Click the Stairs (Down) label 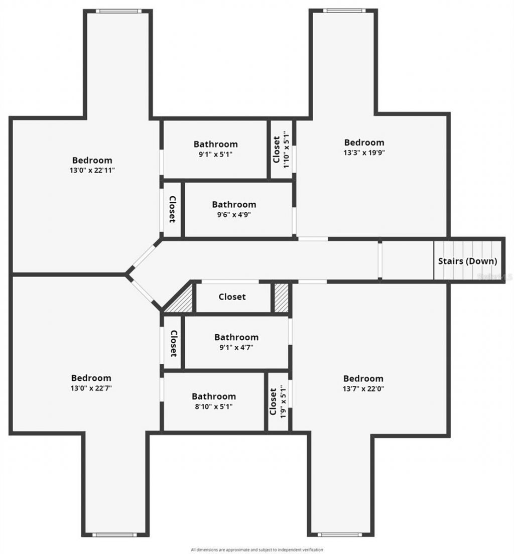click(467, 261)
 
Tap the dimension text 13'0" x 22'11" click(92, 170)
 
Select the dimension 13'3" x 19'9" click(364, 153)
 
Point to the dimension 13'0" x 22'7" click(91, 388)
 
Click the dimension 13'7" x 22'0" click(363, 388)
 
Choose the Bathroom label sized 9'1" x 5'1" click(216, 144)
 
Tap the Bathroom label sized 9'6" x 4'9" click(234, 205)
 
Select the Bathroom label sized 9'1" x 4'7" click(236, 337)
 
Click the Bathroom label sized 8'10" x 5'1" click(214, 396)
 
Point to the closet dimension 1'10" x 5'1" click(286, 150)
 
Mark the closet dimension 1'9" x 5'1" click(283, 402)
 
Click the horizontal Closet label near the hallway click(232, 297)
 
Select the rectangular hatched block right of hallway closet click(282, 298)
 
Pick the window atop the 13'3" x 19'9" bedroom click(344, 11)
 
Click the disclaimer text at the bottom click(257, 550)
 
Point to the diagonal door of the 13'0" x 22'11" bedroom click(143, 257)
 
